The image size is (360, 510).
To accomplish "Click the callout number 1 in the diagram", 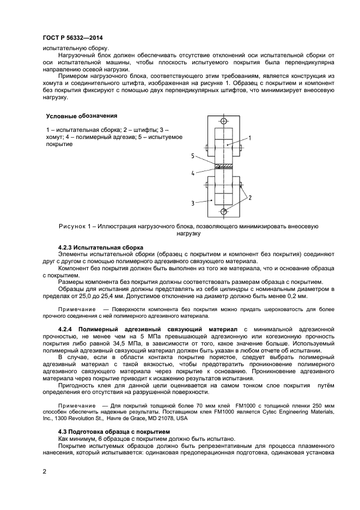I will [250, 138].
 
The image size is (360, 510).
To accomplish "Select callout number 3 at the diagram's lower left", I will [193, 203].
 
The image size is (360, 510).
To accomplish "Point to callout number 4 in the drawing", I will [193, 173].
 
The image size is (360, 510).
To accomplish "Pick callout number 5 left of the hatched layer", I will [193, 156].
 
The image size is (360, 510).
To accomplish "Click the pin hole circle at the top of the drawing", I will [223, 121].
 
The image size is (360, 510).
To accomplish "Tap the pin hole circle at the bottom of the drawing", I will [223, 211].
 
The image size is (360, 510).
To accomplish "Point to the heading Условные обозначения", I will [81, 116].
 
